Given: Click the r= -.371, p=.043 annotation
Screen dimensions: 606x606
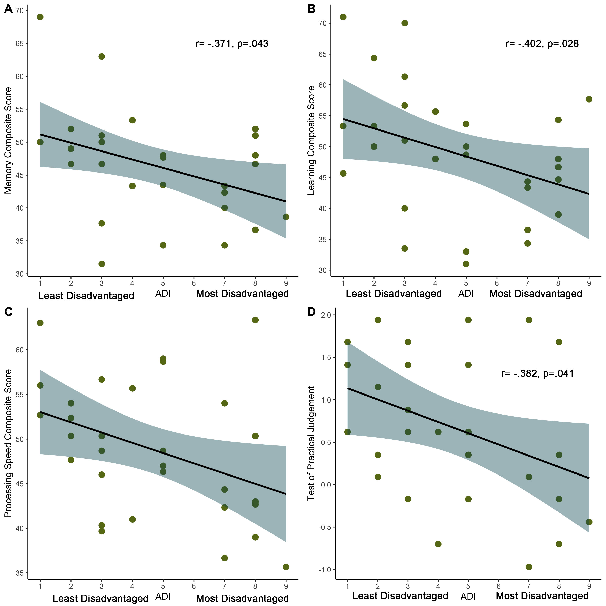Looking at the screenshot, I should coord(232,44).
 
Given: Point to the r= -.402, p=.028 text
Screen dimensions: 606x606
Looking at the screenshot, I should coord(542,44).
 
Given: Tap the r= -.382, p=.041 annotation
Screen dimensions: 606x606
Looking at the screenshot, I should coord(537,373).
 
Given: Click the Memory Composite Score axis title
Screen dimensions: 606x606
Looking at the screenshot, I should coord(8,141).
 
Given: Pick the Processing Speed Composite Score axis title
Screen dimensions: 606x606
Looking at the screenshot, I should coord(8,443).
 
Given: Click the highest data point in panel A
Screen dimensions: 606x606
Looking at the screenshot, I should coord(40,17).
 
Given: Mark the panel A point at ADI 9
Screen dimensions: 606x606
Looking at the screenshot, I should coord(286,217).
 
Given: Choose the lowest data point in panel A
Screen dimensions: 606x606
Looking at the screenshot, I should coord(102,264).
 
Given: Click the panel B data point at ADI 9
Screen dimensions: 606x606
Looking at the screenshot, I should coord(589,99).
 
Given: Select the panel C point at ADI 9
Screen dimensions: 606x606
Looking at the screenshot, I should coord(286,567).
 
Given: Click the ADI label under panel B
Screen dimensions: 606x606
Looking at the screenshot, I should coord(466,294).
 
